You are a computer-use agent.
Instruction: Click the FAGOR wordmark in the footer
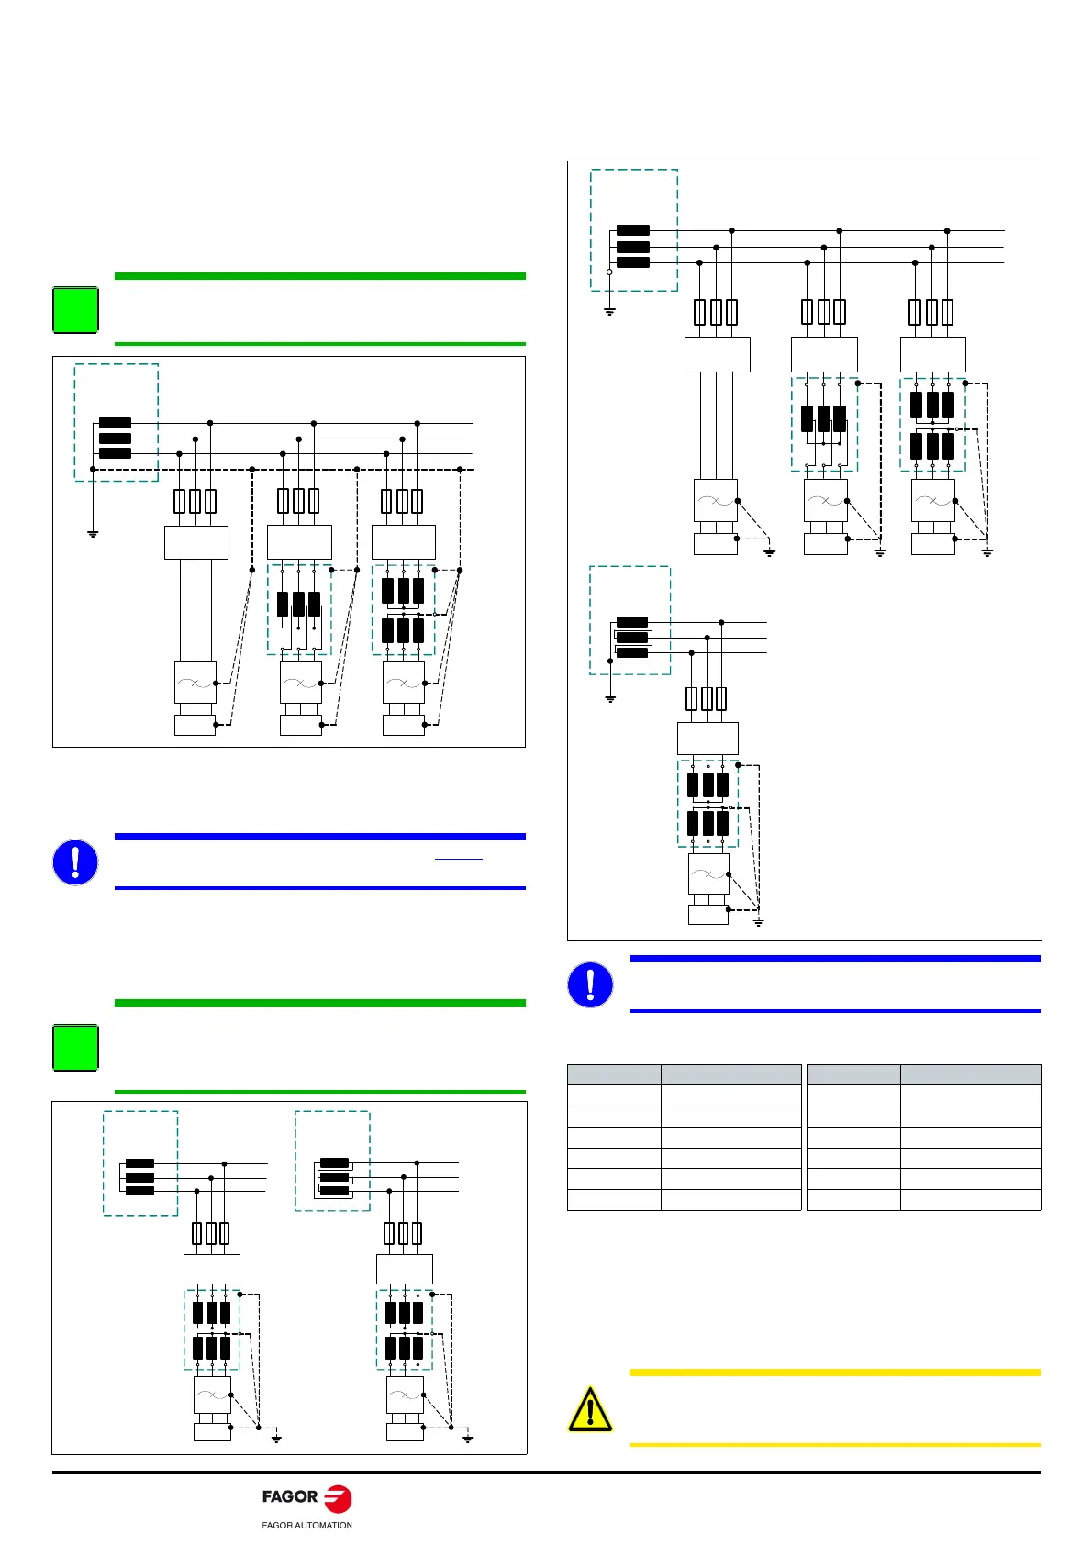coord(289,1496)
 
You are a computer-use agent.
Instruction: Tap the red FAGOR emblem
coord(338,1498)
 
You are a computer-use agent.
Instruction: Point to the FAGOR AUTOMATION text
coord(306,1525)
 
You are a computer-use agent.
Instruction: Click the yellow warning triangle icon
coord(590,1410)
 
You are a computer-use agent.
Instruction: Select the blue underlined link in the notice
coord(458,859)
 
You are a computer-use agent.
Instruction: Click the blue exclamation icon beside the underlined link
coord(75,862)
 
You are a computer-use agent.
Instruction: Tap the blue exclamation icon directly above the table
coord(590,984)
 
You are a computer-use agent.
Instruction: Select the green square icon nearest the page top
coord(75,310)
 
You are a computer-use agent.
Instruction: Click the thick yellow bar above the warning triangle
coord(834,1373)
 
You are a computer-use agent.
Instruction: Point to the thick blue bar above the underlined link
coord(319,837)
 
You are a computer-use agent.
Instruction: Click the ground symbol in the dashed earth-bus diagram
coord(93,532)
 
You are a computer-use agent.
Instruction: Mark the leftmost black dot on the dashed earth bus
coord(93,469)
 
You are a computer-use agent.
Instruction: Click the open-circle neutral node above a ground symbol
coord(609,272)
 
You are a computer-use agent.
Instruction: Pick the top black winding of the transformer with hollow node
coord(633,230)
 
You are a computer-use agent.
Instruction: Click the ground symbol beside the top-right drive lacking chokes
coord(769,552)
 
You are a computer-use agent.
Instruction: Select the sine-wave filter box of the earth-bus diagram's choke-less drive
coord(195,683)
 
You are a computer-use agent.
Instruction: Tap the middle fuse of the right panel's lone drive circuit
coord(707,699)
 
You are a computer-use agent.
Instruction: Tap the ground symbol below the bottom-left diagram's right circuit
coord(467,1438)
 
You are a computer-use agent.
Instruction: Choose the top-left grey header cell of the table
coord(614,1075)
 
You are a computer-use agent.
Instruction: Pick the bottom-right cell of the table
coord(970,1200)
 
